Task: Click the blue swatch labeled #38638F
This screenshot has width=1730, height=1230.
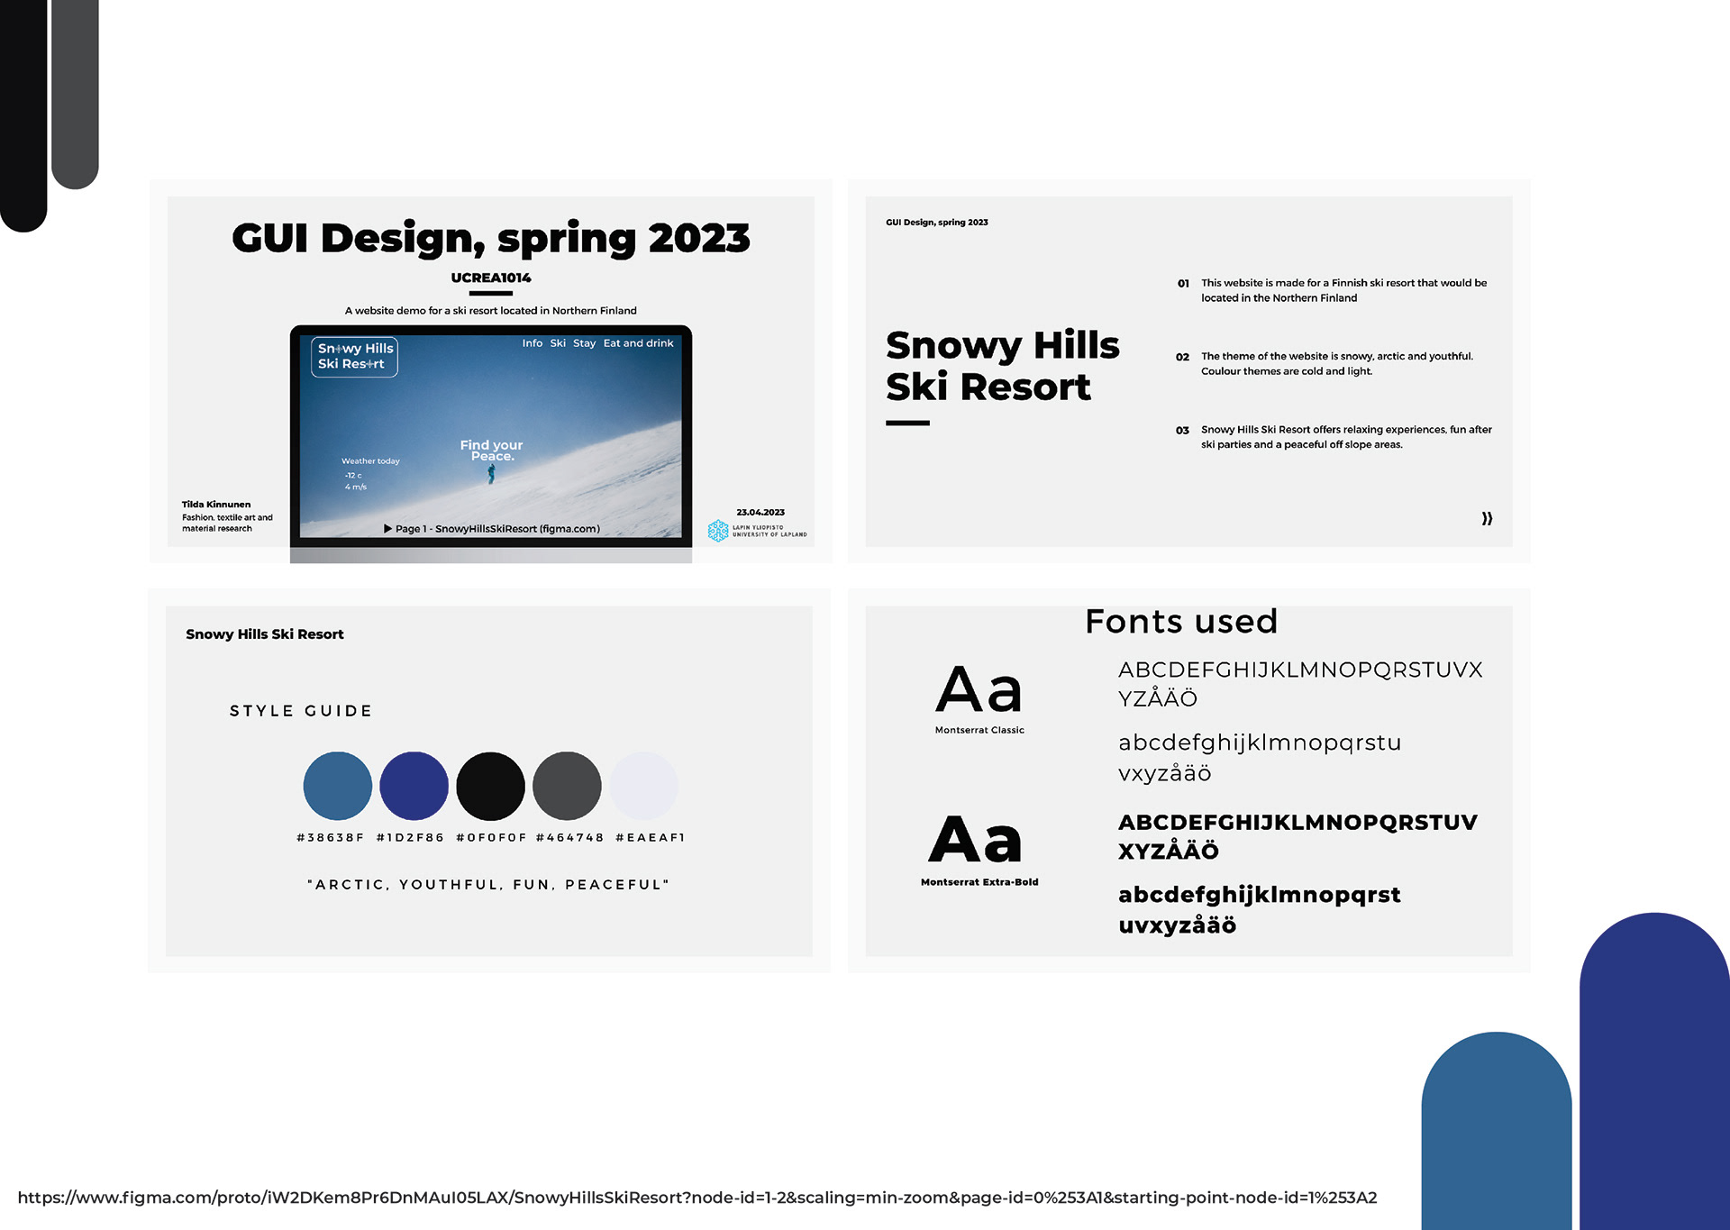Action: pos(338,786)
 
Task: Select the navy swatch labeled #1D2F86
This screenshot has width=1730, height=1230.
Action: pos(414,786)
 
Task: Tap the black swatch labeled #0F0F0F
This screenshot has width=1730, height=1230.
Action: pos(491,786)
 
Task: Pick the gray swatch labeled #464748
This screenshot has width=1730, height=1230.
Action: pos(568,786)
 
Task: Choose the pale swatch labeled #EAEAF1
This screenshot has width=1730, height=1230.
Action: pos(644,786)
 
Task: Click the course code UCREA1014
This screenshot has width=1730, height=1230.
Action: pos(491,278)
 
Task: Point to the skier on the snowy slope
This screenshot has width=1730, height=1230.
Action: pos(492,474)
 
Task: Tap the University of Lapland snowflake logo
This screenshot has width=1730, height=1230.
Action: pos(718,531)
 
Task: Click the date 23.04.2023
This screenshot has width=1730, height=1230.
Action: pos(760,512)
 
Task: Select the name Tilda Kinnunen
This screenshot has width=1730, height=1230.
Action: pos(216,505)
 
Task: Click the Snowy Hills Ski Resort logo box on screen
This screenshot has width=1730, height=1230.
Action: pos(355,357)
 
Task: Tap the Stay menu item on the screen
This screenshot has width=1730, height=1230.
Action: pos(585,343)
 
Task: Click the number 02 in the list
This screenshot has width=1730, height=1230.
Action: pos(1182,357)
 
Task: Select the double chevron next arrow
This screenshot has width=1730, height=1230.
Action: pos(1488,518)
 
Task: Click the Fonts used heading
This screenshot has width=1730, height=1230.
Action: pos(1181,622)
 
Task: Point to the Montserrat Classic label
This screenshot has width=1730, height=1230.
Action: pos(979,730)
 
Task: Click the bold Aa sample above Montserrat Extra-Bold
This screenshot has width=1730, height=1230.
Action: pos(977,839)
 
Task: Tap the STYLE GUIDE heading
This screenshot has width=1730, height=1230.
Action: pos(301,711)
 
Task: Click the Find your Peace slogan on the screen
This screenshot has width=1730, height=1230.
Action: pos(491,451)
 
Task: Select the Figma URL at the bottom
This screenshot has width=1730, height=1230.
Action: pos(697,1198)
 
